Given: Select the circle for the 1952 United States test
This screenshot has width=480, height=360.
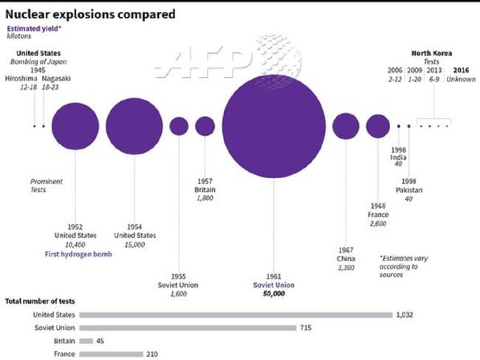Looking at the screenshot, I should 75,126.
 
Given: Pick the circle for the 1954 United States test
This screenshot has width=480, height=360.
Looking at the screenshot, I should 134,126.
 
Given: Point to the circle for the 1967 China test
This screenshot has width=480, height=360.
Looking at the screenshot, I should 346,126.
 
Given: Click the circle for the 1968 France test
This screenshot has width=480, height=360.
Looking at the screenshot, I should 377,126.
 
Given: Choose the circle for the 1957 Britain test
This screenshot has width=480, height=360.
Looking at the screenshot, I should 205,126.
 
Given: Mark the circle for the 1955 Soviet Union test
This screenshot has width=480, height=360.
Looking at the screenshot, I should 179,126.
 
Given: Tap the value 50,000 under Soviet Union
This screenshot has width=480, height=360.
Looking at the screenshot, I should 273,293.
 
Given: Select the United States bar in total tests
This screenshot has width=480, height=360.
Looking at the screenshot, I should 236,315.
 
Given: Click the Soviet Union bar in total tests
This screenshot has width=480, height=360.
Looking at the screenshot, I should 188,327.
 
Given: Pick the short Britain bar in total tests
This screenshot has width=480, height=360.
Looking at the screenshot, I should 86,341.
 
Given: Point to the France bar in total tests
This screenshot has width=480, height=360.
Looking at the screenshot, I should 110,354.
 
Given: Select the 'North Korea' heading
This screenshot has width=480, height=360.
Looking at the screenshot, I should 431,52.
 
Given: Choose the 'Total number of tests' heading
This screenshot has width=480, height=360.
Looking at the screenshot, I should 40,302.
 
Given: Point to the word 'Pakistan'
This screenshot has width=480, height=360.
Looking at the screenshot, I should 408,191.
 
